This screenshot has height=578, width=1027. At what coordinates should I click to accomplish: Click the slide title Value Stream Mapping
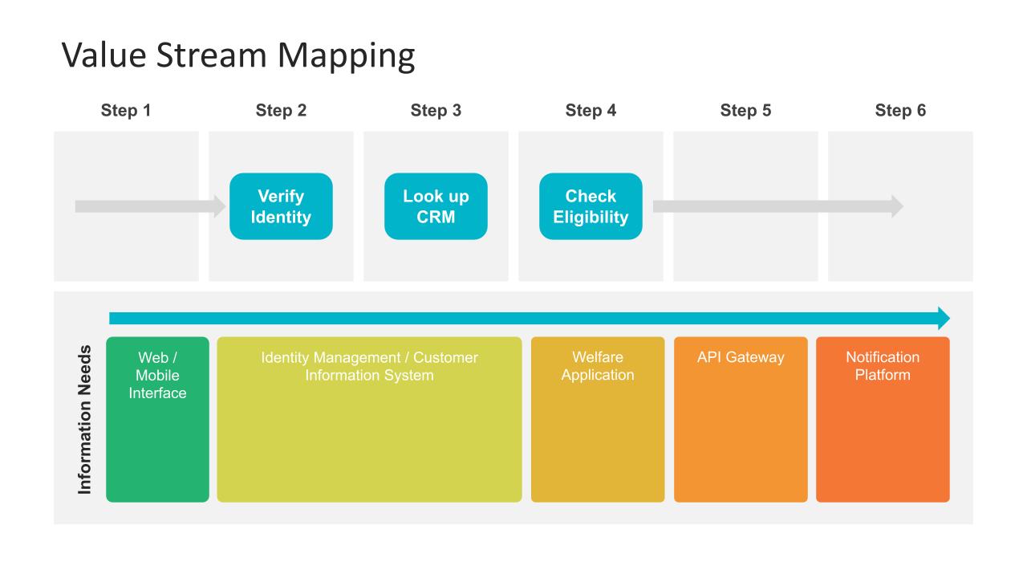[238, 55]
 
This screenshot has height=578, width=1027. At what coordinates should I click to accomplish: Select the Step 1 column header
[126, 111]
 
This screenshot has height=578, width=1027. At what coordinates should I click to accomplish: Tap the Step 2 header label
[281, 111]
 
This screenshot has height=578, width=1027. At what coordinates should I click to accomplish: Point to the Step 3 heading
[436, 111]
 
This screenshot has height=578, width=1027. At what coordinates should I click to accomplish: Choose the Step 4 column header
[591, 111]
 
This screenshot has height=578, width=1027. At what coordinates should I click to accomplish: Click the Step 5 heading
[745, 111]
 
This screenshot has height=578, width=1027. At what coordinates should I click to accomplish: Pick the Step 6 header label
[900, 111]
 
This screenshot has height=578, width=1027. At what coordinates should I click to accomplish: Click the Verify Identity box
[281, 206]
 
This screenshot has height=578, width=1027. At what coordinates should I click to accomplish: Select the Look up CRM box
[436, 206]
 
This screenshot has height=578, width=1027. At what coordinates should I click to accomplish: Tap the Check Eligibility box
[591, 206]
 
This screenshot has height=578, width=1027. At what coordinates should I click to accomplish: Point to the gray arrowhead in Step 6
[896, 206]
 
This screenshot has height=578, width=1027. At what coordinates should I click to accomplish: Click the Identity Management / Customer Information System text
[369, 366]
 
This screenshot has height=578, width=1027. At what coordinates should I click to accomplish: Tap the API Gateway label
[741, 357]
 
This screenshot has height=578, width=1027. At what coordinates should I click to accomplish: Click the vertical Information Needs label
[85, 419]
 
